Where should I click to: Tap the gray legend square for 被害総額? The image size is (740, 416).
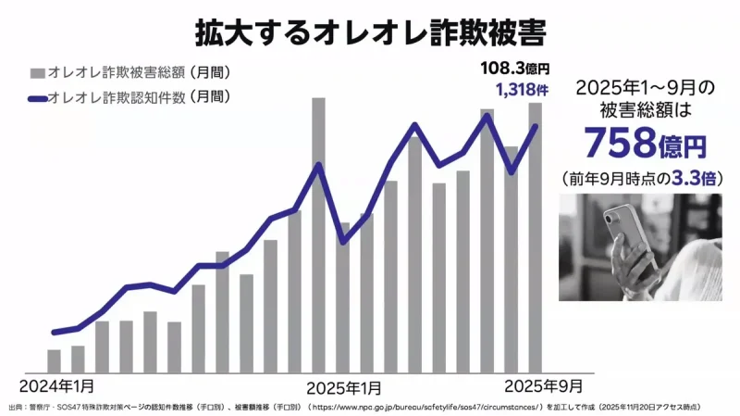[37, 72]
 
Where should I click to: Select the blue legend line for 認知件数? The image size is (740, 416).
[37, 96]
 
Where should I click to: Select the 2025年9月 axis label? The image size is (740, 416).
[545, 384]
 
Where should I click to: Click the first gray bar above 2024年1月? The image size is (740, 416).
[55, 360]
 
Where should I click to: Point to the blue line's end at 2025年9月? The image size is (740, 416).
[535, 126]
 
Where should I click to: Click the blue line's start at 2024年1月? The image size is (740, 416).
[55, 332]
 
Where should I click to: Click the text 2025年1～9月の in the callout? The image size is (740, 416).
[644, 88]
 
